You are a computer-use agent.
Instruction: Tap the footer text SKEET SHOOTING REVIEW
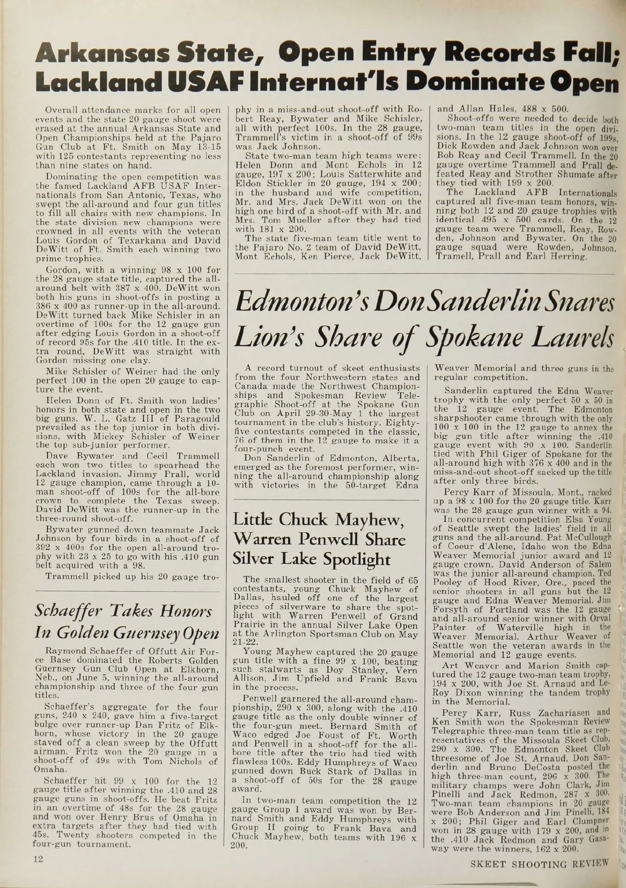[x=540, y=864]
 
